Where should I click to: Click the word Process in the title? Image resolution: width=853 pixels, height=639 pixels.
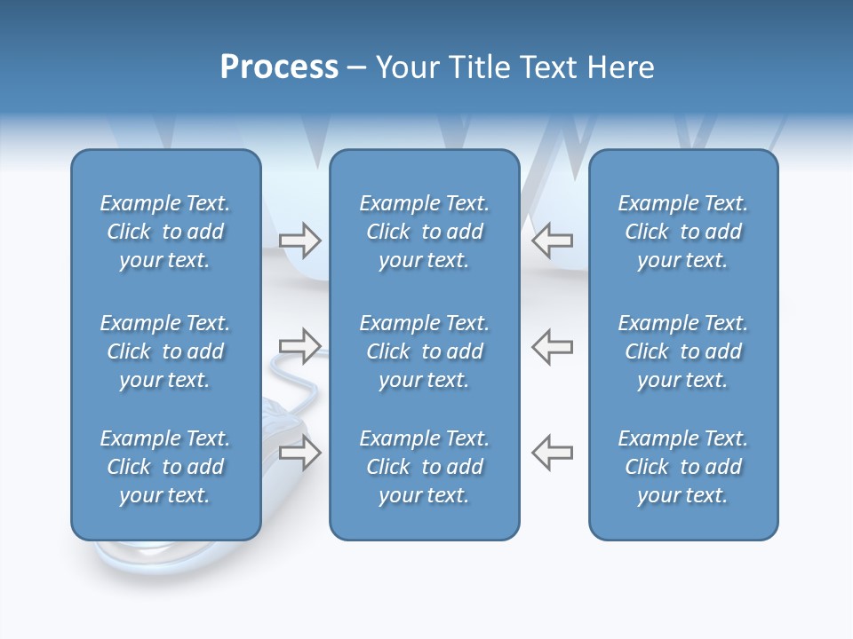(x=279, y=67)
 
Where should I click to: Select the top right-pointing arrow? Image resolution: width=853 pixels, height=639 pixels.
(x=300, y=241)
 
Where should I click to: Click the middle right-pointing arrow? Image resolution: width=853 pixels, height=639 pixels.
(x=300, y=346)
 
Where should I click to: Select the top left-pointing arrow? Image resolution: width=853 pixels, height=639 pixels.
(x=552, y=241)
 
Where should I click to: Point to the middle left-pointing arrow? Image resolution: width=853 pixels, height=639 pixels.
(x=552, y=346)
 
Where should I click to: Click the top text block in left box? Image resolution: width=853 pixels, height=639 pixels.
(x=165, y=232)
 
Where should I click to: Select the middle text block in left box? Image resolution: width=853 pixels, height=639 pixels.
(x=165, y=351)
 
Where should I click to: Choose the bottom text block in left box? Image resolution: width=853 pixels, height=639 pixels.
(x=165, y=467)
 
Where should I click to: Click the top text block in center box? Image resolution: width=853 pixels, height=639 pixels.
(x=424, y=232)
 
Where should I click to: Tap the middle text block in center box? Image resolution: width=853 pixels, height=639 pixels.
(x=424, y=351)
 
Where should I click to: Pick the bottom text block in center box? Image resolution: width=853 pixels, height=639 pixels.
(x=424, y=467)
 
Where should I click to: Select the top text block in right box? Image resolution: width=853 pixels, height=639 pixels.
(x=682, y=232)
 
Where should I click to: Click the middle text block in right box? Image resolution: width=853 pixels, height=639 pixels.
(x=682, y=351)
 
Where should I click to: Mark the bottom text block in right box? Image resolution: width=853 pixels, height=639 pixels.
(x=682, y=467)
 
